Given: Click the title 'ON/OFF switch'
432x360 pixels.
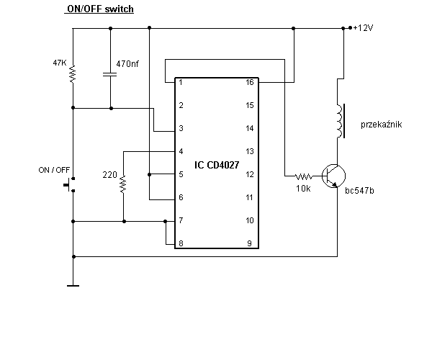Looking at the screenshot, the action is coord(100,9).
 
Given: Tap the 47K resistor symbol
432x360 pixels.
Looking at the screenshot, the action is coord(73,74).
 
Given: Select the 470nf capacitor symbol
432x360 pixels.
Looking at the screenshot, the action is coord(109,74).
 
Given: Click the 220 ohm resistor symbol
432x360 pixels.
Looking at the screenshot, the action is coord(123,184).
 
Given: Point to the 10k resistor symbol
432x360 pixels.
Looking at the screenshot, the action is coord(304,176).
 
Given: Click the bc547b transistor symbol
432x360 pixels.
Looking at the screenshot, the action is coord(333,176).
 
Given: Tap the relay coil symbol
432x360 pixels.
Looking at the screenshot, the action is coord(341,121).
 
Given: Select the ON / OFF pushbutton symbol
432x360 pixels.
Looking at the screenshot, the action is coord(69,184).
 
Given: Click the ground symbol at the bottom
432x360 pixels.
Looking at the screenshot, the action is coord(73,286).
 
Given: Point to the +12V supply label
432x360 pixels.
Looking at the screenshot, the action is coord(363,28).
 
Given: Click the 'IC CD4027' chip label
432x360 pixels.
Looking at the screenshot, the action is coord(217,165).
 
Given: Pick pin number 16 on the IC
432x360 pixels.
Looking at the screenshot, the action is coord(250,82).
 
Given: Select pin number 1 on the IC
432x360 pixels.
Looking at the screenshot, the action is coord(181,82).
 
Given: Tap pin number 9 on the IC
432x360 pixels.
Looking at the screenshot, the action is coord(249,243).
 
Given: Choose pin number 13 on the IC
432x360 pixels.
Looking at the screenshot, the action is coord(250,151).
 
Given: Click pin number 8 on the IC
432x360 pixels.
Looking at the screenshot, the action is coord(181,243).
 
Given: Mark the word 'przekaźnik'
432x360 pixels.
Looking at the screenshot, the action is coord(381,125).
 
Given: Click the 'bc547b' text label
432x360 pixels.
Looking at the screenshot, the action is coord(359,190).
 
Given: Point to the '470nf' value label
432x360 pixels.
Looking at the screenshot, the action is coord(127,64).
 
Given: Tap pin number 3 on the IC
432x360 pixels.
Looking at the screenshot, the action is coord(181,128).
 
